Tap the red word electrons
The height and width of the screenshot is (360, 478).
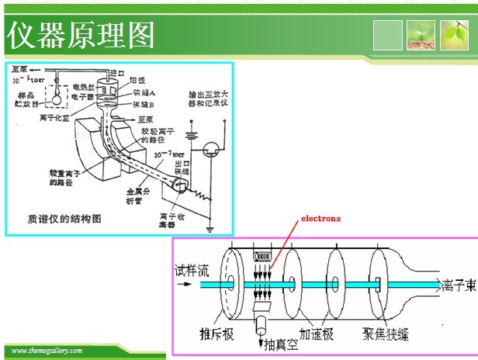tap(320, 219)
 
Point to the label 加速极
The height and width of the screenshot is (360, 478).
tap(317, 335)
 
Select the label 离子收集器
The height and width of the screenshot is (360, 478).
tap(169, 220)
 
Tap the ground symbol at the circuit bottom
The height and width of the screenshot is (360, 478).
tap(211, 228)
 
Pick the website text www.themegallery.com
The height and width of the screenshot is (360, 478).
tap(47, 351)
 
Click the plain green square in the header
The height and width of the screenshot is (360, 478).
tap(388, 36)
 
